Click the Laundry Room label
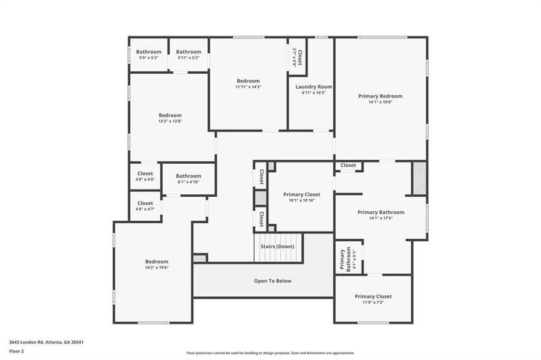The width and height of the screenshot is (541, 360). click(x=313, y=87)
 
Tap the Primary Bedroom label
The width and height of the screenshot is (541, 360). click(x=380, y=96)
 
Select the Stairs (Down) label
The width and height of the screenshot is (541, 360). click(x=277, y=247)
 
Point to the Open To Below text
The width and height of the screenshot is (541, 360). click(x=273, y=281)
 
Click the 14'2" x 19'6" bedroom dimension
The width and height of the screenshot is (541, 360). click(x=157, y=268)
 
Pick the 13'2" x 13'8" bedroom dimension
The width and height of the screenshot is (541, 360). click(x=170, y=121)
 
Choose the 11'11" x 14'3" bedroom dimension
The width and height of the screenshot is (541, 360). click(x=248, y=87)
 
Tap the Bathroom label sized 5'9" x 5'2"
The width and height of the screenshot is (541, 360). click(x=148, y=52)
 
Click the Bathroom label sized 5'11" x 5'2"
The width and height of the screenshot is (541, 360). click(x=189, y=52)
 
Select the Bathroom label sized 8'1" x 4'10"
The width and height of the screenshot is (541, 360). click(x=189, y=176)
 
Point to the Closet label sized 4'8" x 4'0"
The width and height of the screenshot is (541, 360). click(x=145, y=173)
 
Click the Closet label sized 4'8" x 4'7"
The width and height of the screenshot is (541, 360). click(x=145, y=203)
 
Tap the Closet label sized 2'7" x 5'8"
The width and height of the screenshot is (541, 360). click(x=298, y=57)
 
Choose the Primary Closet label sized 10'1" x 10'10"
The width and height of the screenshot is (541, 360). click(x=301, y=194)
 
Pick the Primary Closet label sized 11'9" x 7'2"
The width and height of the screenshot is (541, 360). click(x=373, y=296)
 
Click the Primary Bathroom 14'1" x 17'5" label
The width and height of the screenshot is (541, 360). click(x=381, y=212)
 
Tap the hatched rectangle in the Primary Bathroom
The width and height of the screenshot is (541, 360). click(x=419, y=178)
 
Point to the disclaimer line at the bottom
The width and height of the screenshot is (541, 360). click(x=270, y=353)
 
